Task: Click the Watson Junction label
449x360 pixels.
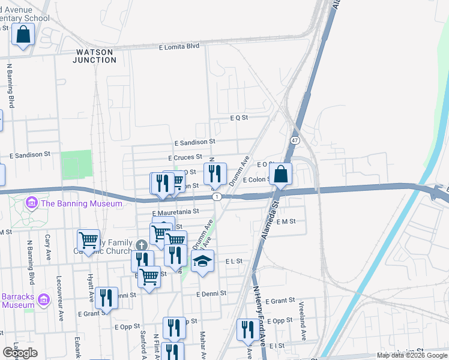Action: (x=95, y=56)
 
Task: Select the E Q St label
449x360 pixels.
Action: (x=238, y=118)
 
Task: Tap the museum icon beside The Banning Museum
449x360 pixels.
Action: (x=31, y=204)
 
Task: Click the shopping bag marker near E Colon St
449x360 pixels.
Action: (x=280, y=175)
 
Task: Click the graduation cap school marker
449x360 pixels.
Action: (x=202, y=262)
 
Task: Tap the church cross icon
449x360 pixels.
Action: (x=141, y=245)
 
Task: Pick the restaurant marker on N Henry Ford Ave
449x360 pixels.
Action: (x=247, y=330)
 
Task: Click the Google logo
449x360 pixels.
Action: (x=20, y=353)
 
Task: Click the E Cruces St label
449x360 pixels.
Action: (x=185, y=157)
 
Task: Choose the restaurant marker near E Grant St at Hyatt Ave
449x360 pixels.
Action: (x=106, y=298)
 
